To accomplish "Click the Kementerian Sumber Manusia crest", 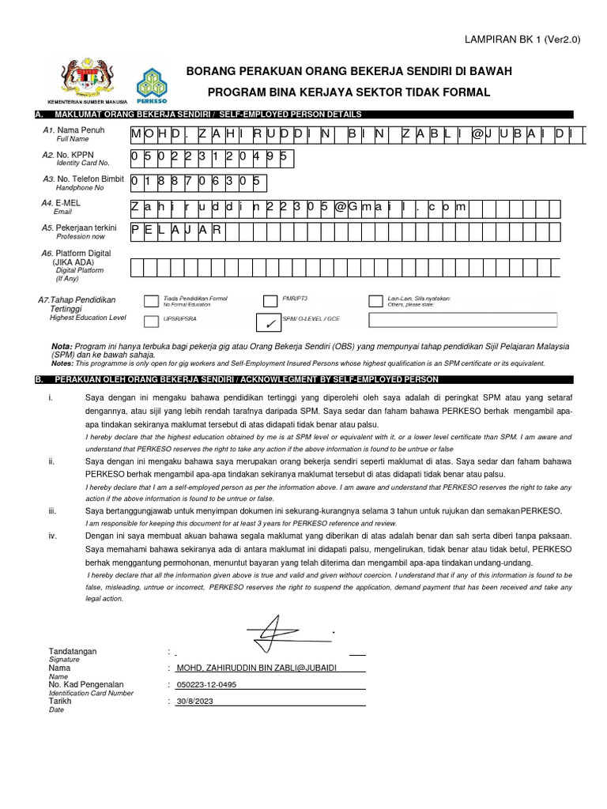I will click(87, 79).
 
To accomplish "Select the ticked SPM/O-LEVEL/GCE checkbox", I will click(270, 321).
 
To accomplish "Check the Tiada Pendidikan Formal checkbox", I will click(150, 299).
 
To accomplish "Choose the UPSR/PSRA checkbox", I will click(150, 321).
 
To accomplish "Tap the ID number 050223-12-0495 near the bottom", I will click(206, 685).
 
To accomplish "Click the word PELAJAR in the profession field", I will click(178, 230).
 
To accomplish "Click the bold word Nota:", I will click(61, 347).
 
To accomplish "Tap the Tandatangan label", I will click(73, 651).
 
